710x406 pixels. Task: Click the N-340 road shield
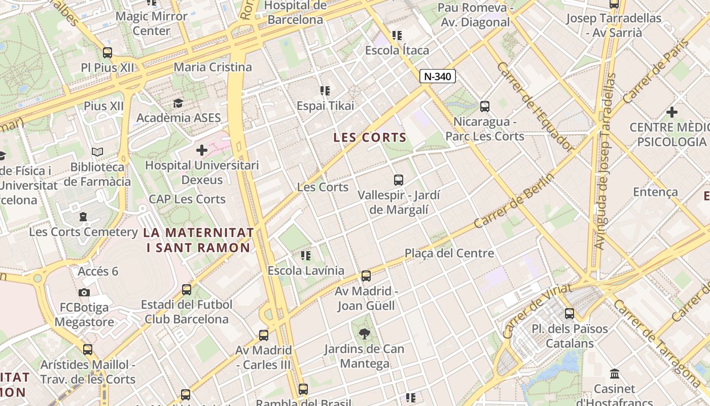point(438,76)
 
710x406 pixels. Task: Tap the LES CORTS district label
point(370,138)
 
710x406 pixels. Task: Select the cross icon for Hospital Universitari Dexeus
point(201,150)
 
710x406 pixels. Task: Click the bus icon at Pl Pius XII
point(108,52)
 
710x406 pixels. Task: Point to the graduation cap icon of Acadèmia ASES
point(178,104)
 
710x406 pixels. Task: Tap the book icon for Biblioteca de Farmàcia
point(97,152)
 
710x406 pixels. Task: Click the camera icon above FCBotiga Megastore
point(84,292)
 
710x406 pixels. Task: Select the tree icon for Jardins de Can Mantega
point(364,333)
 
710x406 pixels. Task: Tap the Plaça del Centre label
point(449,253)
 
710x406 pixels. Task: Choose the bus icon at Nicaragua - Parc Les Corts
point(485,107)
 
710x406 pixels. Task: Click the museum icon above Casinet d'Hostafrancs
point(615,374)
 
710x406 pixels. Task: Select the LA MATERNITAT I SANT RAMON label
point(198,240)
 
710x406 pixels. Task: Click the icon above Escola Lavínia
point(305,255)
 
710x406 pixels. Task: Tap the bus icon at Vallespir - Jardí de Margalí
point(399,180)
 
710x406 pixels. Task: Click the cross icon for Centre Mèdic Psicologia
point(672,112)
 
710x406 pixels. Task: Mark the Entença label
point(655,192)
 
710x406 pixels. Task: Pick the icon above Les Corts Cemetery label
point(83,217)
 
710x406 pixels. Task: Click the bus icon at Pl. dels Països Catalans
point(570,313)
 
